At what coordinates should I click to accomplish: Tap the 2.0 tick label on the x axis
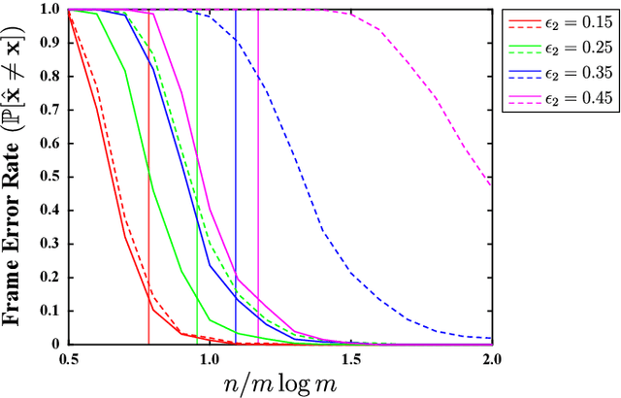[x=491, y=358]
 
